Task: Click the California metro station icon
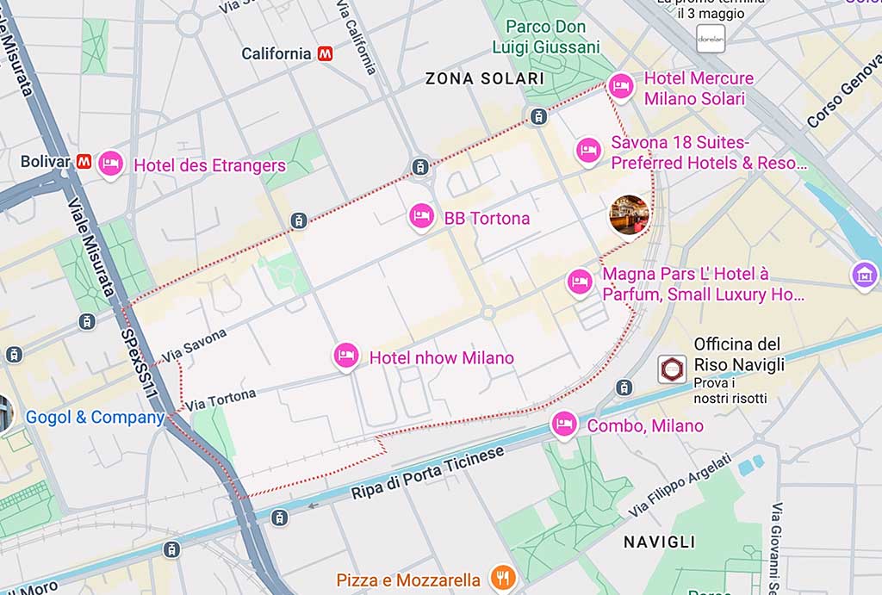coord(326,53)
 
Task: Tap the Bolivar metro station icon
coord(84,161)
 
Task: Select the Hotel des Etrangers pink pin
coord(110,164)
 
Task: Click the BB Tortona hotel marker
coord(420,217)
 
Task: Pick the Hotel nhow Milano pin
coord(346,356)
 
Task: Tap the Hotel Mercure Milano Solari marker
coord(619,86)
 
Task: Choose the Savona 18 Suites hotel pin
coord(588,151)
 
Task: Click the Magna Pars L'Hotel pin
coord(580,282)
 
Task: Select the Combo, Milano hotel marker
coord(563,425)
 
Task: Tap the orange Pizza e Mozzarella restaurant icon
coord(500,578)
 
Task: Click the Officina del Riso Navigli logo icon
coord(672,369)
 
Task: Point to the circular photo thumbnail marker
coord(629,214)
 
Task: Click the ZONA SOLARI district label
coord(485,79)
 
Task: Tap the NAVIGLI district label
coord(659,542)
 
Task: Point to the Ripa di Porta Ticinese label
coord(427,474)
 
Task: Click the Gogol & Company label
coord(95,418)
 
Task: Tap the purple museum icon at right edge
coord(864,276)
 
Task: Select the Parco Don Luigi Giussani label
coord(545,37)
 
